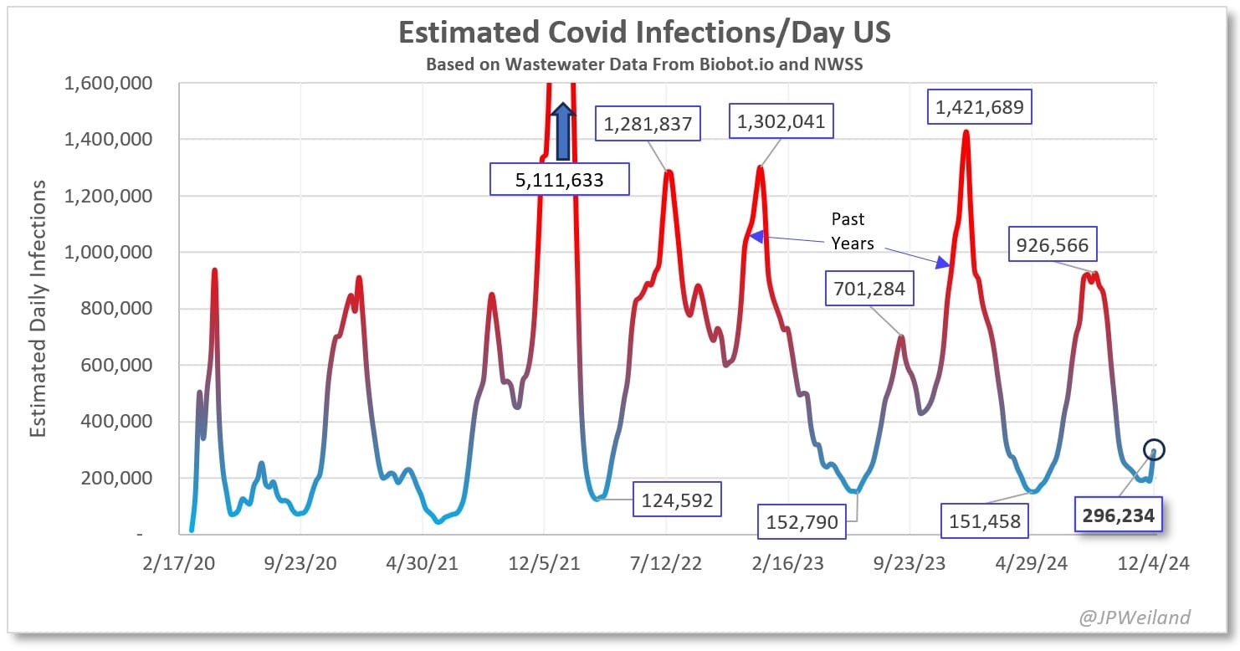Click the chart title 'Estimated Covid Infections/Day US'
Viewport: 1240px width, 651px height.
(x=644, y=32)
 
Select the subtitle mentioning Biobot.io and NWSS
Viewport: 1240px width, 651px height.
(x=644, y=64)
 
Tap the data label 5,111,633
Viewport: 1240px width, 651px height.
(x=559, y=179)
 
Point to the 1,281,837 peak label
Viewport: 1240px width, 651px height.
(x=648, y=125)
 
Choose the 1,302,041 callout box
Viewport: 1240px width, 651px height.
(x=781, y=121)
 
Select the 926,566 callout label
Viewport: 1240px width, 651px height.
(x=1053, y=245)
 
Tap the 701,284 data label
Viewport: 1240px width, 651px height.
(x=869, y=290)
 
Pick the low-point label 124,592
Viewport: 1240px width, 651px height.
(x=677, y=501)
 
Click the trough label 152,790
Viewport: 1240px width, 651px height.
(x=802, y=522)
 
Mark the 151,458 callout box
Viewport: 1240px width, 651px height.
(x=985, y=521)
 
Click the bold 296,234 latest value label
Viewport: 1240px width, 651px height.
(x=1117, y=516)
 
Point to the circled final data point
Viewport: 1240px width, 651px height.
(x=1154, y=450)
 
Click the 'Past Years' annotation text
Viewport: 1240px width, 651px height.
(x=852, y=231)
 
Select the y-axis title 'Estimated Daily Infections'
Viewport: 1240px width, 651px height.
(x=38, y=308)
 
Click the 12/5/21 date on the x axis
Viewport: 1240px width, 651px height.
(x=544, y=563)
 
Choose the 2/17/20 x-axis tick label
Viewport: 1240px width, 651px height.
(x=179, y=563)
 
